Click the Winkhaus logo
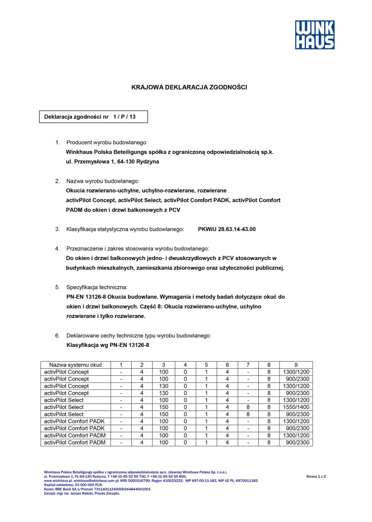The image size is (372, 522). point(315,35)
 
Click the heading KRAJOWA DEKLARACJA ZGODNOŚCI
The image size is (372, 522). point(189,87)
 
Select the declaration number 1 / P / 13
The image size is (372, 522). point(124,117)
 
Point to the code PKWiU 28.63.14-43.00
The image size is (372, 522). point(227,229)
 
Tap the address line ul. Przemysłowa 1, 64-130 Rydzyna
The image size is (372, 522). point(112,162)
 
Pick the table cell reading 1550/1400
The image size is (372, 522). point(296,407)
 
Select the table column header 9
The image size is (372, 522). point(296,364)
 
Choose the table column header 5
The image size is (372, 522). point(206,364)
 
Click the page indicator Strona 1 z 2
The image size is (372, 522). point(316,475)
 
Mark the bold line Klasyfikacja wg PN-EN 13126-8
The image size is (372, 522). point(108,345)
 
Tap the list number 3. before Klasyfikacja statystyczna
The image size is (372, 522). point(57,229)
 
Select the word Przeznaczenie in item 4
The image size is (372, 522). point(84,249)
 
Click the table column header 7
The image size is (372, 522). point(248,364)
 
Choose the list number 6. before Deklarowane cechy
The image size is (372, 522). point(57,336)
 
